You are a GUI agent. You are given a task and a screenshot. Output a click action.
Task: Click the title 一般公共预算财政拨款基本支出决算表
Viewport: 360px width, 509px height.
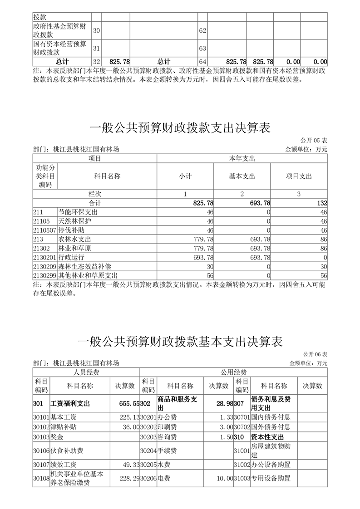click(x=180, y=341)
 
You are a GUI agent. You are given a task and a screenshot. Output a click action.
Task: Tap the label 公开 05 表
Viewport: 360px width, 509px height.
click(x=314, y=141)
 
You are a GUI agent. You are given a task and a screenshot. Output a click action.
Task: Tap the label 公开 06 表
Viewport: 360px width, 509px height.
click(x=314, y=354)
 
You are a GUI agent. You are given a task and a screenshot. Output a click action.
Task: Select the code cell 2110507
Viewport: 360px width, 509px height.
click(x=44, y=230)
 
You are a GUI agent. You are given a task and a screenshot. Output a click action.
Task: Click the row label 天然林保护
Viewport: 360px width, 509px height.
click(x=75, y=221)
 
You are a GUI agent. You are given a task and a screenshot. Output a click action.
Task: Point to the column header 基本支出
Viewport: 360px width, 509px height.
click(x=242, y=176)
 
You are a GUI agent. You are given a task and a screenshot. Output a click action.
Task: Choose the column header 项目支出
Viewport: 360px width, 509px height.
click(x=299, y=176)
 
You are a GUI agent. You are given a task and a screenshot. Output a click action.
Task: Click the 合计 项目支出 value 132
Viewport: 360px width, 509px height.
click(x=322, y=203)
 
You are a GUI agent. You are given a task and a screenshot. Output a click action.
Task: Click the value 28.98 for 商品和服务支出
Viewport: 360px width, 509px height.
click(x=224, y=403)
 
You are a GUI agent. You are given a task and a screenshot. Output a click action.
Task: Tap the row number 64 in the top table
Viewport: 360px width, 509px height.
click(x=202, y=61)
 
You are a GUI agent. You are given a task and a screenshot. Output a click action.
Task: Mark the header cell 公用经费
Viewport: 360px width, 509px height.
click(x=233, y=372)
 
